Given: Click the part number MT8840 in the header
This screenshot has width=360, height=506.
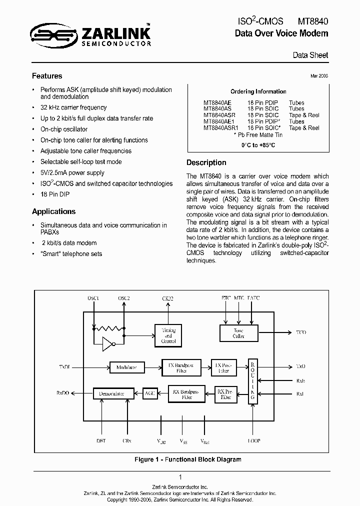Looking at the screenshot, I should pyautogui.click(x=313, y=21).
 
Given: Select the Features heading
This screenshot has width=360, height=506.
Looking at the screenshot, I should pyautogui.click(x=47, y=76).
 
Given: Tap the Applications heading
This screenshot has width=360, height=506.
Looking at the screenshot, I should pyautogui.click(x=53, y=211).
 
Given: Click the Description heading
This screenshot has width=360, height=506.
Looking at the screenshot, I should pyautogui.click(x=206, y=162).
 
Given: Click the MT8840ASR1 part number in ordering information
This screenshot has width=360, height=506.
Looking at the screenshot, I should pyautogui.click(x=221, y=128).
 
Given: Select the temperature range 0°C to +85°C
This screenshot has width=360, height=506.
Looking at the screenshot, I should pyautogui.click(x=258, y=145).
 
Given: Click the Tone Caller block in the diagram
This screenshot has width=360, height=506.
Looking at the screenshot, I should pyautogui.click(x=238, y=333).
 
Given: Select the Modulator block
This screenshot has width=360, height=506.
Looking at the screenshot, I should pyautogui.click(x=126, y=367).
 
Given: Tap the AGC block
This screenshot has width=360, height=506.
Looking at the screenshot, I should pyautogui.click(x=150, y=393).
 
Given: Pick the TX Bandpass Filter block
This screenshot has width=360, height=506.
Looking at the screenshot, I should pyautogui.click(x=180, y=367).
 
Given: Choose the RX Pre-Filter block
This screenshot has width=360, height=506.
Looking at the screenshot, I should pyautogui.click(x=225, y=393).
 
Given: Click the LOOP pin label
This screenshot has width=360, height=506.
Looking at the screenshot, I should pyautogui.click(x=253, y=441).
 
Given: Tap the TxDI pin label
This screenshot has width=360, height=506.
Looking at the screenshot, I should pyautogui.click(x=64, y=367).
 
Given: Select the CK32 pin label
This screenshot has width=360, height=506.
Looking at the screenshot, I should pyautogui.click(x=168, y=298).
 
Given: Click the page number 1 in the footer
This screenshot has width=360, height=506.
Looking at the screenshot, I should pyautogui.click(x=179, y=477).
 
